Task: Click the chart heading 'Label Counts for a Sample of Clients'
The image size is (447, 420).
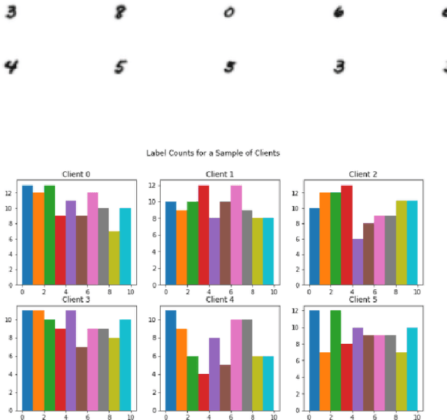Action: tap(213, 152)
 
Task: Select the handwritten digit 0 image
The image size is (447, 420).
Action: tap(228, 13)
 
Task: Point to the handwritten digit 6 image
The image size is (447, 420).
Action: tap(339, 12)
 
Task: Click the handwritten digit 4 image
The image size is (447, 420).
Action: tap(10, 67)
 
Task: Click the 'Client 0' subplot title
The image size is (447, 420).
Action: tap(77, 174)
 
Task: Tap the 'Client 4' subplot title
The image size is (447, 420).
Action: tap(220, 300)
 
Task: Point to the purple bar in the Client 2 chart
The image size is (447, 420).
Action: tap(358, 262)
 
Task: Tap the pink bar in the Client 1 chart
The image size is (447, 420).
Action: tap(236, 235)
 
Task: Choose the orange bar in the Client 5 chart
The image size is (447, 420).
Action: tap(325, 381)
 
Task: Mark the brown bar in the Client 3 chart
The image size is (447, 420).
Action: tap(82, 378)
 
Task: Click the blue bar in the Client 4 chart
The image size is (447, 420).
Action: tap(171, 360)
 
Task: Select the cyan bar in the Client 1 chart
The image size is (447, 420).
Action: tap(269, 252)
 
